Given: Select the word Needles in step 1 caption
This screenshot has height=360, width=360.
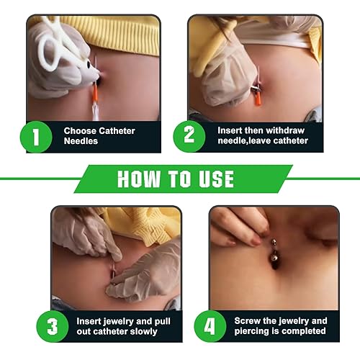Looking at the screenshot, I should pyautogui.click(x=82, y=142).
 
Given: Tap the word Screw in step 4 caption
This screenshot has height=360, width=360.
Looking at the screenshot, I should pyautogui.click(x=249, y=320).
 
